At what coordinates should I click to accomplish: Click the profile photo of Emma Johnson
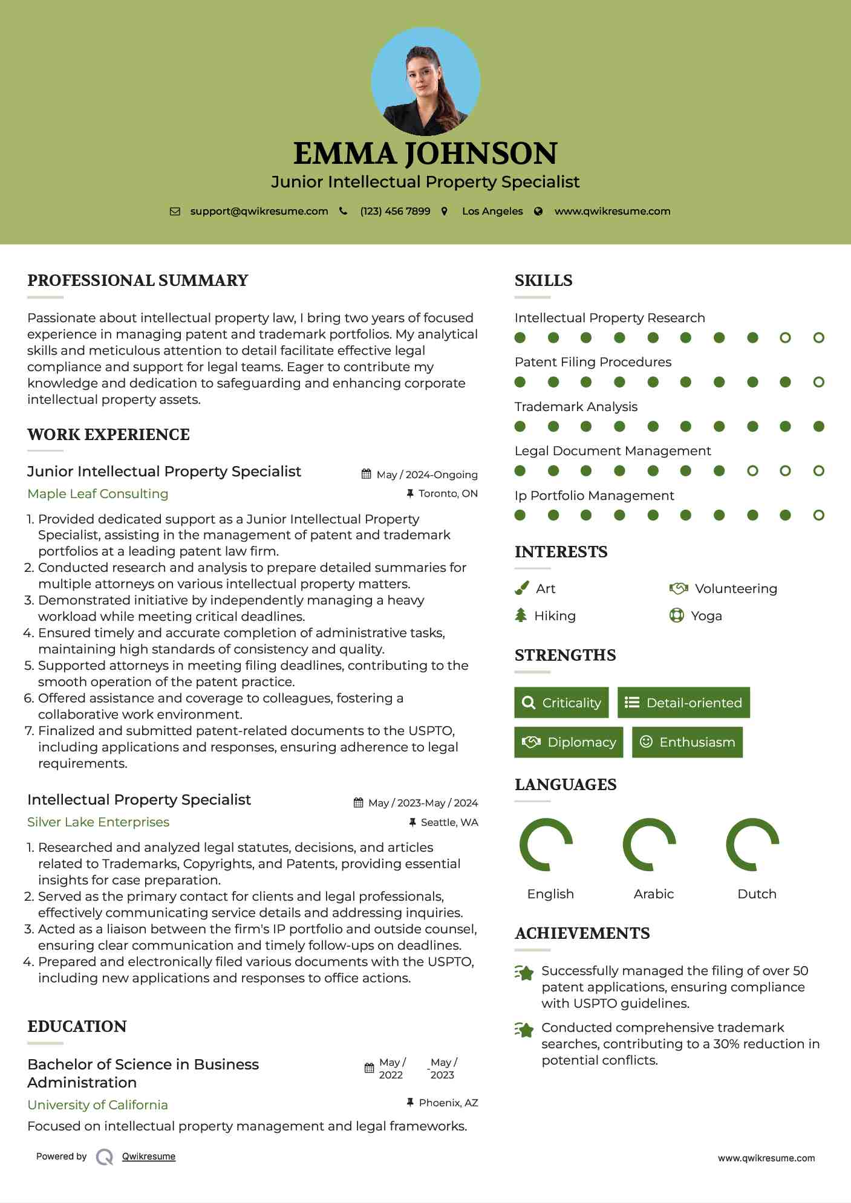[426, 81]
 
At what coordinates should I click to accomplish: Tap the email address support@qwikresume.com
[259, 211]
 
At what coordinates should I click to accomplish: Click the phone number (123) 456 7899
[395, 211]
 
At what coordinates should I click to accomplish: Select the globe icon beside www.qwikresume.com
[538, 211]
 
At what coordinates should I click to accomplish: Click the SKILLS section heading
[543, 280]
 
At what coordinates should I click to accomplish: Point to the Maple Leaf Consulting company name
[98, 493]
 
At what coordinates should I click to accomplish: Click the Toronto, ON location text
[448, 493]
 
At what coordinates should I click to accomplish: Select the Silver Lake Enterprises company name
[98, 822]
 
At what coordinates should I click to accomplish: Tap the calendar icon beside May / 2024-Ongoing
[366, 474]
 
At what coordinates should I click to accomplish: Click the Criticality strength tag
[561, 702]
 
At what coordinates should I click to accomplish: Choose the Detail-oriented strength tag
[683, 702]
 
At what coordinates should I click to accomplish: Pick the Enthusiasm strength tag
[687, 742]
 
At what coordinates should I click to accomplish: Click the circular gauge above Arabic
[650, 845]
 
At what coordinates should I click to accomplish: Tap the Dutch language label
[757, 893]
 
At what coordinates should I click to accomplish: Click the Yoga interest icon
[676, 615]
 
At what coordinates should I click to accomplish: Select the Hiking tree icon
[521, 615]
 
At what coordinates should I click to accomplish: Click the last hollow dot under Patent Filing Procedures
[818, 382]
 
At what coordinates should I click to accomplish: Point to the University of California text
[98, 1104]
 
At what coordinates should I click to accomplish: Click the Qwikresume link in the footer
[149, 1156]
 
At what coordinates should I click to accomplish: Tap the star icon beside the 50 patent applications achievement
[524, 973]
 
